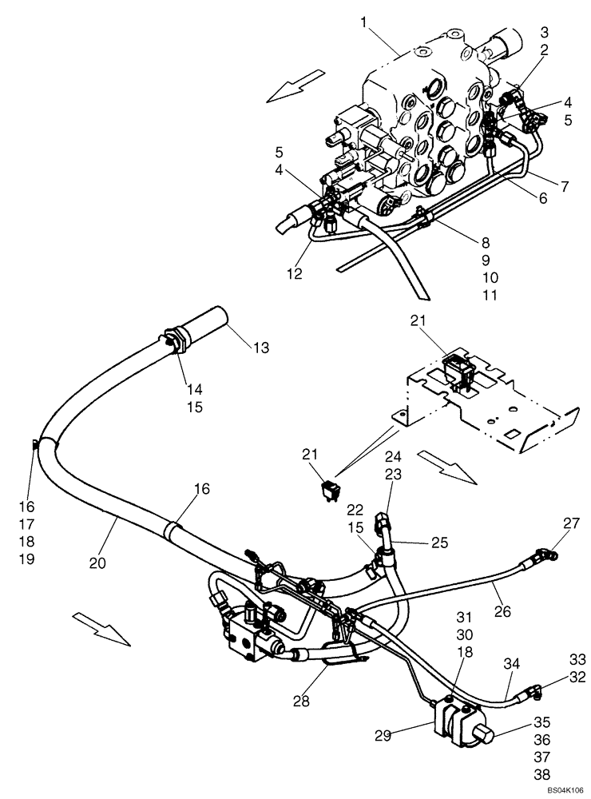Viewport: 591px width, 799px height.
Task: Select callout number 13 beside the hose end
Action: click(x=260, y=348)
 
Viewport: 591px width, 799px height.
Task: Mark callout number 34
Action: click(x=511, y=662)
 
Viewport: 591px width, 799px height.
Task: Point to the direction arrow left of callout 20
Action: click(x=100, y=627)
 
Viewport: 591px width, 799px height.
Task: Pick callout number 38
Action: click(x=541, y=773)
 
